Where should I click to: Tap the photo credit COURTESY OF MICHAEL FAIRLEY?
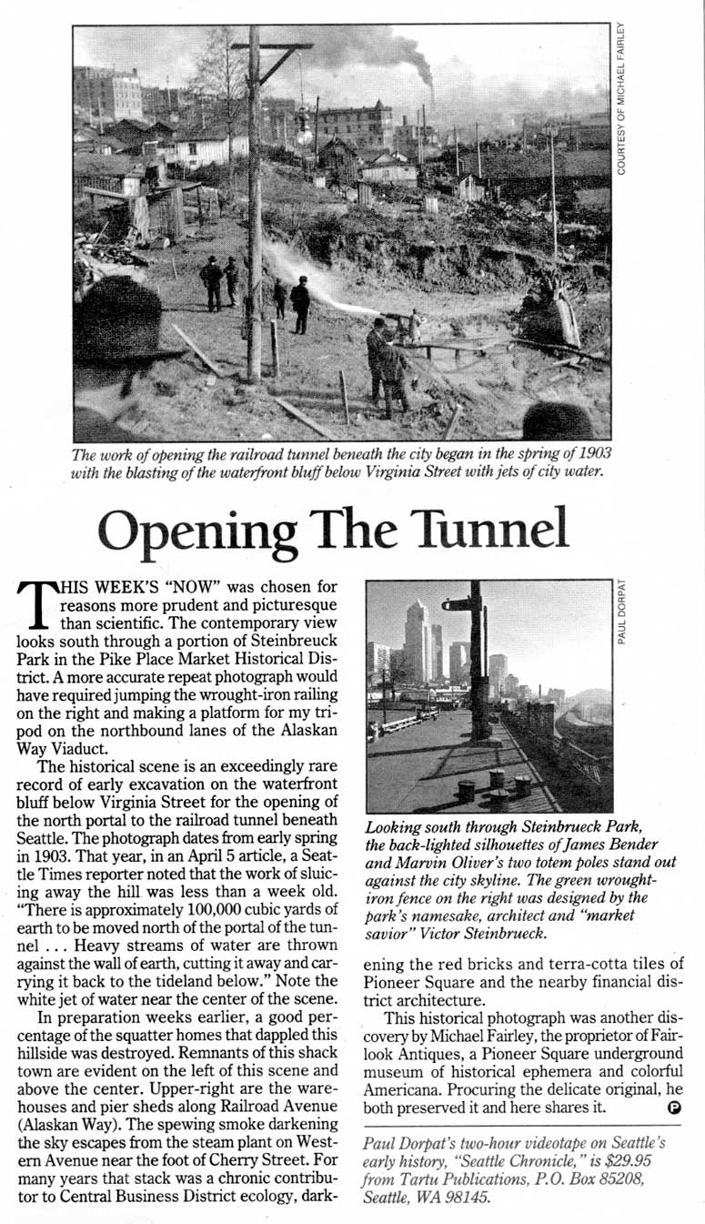(x=621, y=101)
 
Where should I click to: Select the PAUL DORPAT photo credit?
(x=621, y=612)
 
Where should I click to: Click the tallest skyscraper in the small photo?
(x=417, y=637)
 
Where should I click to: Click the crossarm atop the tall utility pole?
(x=270, y=46)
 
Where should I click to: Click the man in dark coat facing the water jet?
(x=299, y=304)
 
